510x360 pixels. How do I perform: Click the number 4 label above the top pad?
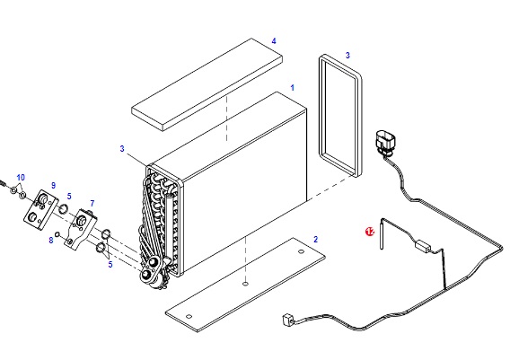274,41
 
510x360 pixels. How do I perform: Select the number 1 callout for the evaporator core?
293,88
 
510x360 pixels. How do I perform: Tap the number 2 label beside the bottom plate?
315,240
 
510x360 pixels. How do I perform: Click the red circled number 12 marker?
370,232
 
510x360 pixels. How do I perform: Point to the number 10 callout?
21,178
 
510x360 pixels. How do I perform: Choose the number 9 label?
53,185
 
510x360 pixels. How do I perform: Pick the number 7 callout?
92,204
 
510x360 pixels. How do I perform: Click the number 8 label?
51,241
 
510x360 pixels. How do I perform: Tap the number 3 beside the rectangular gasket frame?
347,56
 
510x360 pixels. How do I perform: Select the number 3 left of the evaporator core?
122,149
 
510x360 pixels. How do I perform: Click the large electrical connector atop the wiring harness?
385,143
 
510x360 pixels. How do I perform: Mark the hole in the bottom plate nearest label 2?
301,251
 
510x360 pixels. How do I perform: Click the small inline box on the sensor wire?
423,245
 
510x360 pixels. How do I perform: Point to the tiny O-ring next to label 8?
57,234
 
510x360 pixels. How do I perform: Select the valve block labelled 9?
41,210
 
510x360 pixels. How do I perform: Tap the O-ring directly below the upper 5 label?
63,209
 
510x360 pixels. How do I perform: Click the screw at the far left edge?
3,183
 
